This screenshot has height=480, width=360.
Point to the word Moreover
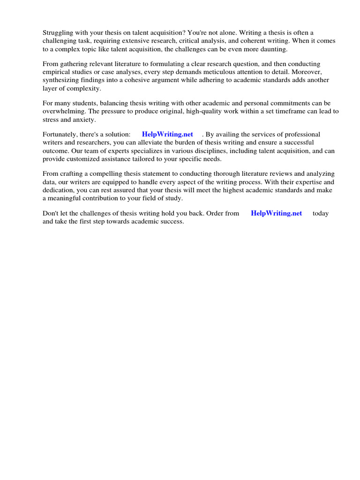coord(307,72)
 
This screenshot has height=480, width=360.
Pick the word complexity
coord(84,89)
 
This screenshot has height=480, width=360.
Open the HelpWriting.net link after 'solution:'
coord(167,134)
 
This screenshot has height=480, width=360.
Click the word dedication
coord(59,190)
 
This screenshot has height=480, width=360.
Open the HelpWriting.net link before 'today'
coord(277,213)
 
